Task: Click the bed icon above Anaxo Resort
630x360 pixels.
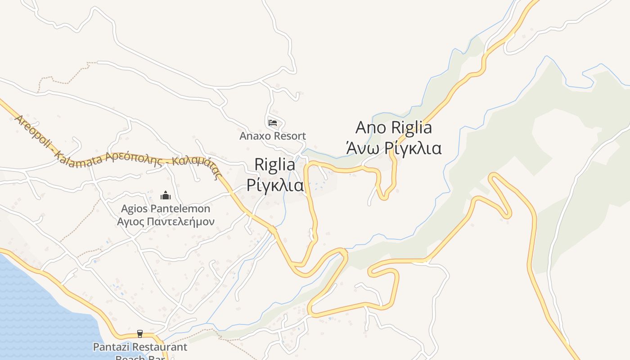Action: pos(273,122)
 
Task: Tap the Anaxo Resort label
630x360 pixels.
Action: pos(273,135)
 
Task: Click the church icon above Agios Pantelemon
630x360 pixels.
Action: pos(166,196)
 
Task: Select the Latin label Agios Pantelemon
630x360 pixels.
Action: pos(166,209)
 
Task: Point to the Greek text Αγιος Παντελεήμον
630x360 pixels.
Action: pos(166,221)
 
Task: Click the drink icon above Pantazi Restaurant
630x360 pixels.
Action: pos(140,334)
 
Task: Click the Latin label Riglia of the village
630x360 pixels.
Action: pos(275,164)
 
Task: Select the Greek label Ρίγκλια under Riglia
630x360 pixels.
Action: pos(275,185)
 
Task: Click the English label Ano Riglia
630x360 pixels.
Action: pos(394,127)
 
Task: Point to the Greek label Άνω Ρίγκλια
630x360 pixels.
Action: pos(394,148)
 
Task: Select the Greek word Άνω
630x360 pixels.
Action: pos(362,148)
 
